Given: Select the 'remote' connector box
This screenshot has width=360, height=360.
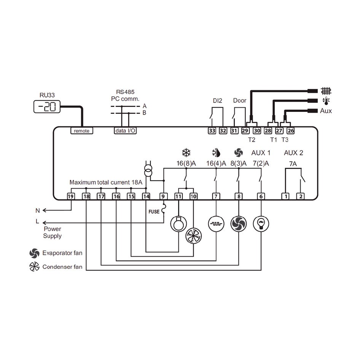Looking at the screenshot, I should tap(81, 131).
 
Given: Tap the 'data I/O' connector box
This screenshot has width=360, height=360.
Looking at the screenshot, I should tap(125, 131).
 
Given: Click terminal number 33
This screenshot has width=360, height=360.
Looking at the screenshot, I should tap(212, 131).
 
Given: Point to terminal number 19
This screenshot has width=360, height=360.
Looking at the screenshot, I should tap(70, 196).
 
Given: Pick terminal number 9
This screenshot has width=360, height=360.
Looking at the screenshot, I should tap(163, 196).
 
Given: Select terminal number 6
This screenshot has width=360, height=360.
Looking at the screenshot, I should tap(261, 196).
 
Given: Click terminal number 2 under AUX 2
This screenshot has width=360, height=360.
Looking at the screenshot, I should tap(301, 196).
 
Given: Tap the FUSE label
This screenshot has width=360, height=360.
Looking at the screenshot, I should tap(154, 212).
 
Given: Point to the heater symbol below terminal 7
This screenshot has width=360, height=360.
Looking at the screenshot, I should tap(216, 224).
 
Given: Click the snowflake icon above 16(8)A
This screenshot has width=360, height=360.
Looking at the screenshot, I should tap(186, 153).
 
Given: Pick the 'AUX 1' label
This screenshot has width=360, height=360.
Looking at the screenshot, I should tap(261, 153).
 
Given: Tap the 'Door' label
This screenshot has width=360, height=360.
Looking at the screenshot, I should tap(239, 101).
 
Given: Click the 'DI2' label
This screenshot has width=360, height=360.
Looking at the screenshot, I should tap(217, 101).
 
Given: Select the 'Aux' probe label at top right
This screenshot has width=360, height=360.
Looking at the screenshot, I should tap(326, 111).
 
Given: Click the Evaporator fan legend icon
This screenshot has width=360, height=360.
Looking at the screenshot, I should tap(34, 253).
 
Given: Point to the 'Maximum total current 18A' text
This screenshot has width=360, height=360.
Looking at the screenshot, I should tap(106, 183).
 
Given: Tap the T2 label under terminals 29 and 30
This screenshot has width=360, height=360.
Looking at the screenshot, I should tap(252, 140).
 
